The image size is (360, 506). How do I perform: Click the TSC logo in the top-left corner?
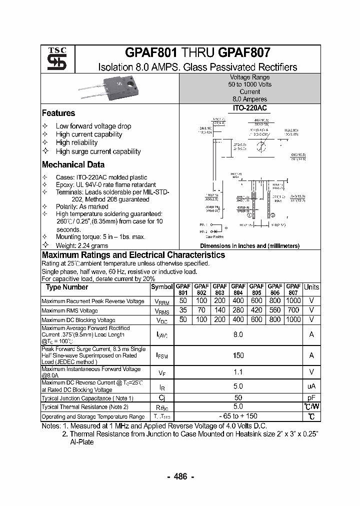click(53, 60)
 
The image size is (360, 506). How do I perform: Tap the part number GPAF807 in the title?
click(245, 52)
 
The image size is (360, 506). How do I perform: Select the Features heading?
click(58, 113)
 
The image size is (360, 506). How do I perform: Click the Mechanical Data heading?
click(73, 164)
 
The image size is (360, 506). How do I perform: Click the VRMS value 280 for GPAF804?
click(238, 310)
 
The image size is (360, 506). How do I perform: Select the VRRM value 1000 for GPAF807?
click(293, 301)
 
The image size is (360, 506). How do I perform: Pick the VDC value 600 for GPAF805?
click(256, 319)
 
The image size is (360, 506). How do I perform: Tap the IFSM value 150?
click(238, 355)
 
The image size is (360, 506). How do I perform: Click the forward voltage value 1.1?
click(238, 372)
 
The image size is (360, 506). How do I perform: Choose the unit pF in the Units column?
click(311, 398)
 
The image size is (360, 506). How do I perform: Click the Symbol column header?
click(161, 287)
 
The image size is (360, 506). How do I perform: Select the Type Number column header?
click(66, 287)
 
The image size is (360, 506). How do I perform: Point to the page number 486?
click(180, 476)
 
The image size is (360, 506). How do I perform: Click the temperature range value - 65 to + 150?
click(238, 416)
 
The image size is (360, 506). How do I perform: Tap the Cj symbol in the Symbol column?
click(161, 398)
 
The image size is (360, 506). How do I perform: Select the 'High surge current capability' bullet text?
click(98, 151)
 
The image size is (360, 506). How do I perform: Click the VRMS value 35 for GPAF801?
click(183, 310)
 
